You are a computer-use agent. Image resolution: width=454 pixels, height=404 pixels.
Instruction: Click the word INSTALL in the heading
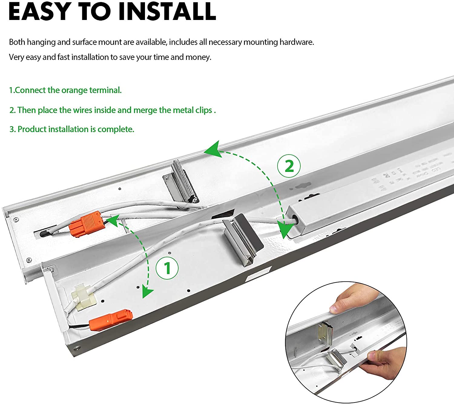pyautogui.click(x=167, y=11)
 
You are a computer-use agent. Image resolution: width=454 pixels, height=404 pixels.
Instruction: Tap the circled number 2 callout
pyautogui.click(x=289, y=166)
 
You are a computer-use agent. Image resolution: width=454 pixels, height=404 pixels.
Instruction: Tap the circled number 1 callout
pyautogui.click(x=167, y=268)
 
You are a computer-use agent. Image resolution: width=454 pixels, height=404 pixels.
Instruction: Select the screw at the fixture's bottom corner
pyautogui.click(x=78, y=348)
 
